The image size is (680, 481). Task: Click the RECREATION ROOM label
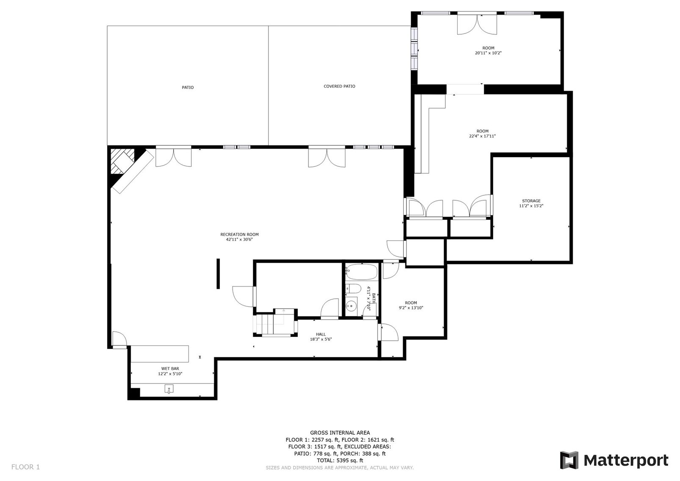coord(239,234)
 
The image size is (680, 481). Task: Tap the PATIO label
coord(188,87)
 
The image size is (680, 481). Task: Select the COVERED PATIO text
coord(339,86)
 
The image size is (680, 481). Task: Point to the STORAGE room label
coord(531,201)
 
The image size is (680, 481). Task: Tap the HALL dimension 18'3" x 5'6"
coord(321,339)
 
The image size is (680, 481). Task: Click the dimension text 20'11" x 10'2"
coord(488,53)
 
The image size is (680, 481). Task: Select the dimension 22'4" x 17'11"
coord(482,136)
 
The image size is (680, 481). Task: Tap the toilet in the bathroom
coord(353,289)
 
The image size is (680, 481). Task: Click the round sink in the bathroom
coord(351,305)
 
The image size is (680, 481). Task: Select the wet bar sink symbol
coord(169,389)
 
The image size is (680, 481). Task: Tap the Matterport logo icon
coord(569,460)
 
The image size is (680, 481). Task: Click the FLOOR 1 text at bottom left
coord(25,467)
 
